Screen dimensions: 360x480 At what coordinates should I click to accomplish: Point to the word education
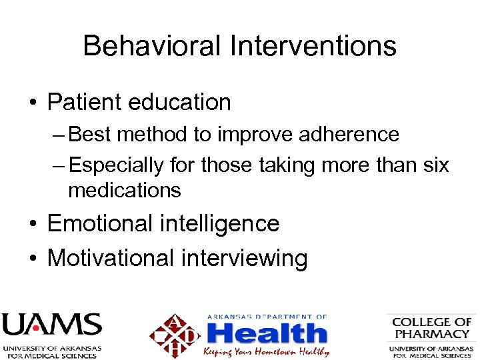point(181,102)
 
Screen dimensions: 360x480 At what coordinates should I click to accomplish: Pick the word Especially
point(117,165)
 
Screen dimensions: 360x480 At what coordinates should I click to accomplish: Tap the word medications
point(125,190)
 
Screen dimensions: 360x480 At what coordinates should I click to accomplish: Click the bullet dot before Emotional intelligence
point(33,225)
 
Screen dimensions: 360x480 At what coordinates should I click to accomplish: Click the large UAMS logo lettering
point(51,326)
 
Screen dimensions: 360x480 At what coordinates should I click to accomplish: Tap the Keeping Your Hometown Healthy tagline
point(266,351)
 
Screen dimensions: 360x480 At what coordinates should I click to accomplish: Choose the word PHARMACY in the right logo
point(431,333)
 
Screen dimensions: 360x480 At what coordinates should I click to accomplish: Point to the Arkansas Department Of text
point(267,317)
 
